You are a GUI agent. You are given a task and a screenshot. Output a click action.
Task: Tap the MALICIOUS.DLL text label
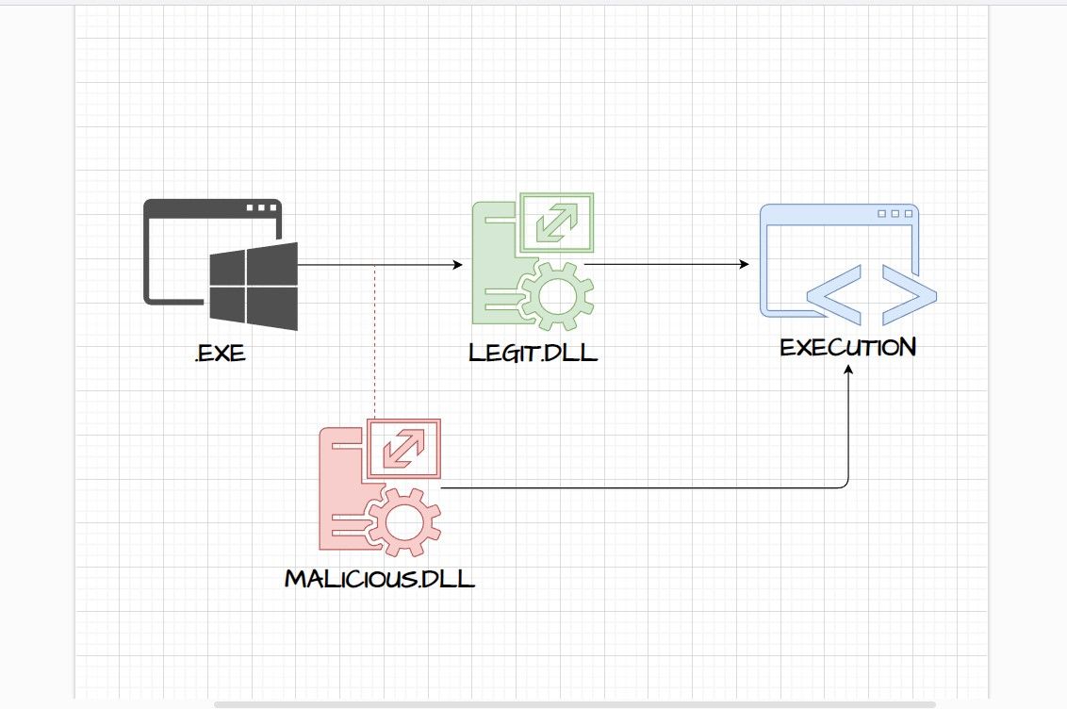click(x=380, y=577)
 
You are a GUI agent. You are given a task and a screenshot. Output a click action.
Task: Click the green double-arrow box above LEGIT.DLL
click(x=559, y=223)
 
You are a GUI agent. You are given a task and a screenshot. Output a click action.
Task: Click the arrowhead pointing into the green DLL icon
click(x=458, y=265)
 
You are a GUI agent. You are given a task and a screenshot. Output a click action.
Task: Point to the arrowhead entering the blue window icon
click(x=745, y=265)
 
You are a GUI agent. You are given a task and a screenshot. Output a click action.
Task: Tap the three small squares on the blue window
click(x=895, y=214)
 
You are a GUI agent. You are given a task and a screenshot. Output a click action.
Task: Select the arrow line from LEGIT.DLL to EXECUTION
click(x=665, y=265)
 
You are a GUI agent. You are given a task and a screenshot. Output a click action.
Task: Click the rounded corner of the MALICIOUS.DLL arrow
click(x=845, y=485)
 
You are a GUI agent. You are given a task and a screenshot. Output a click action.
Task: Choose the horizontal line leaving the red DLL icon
click(x=641, y=488)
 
